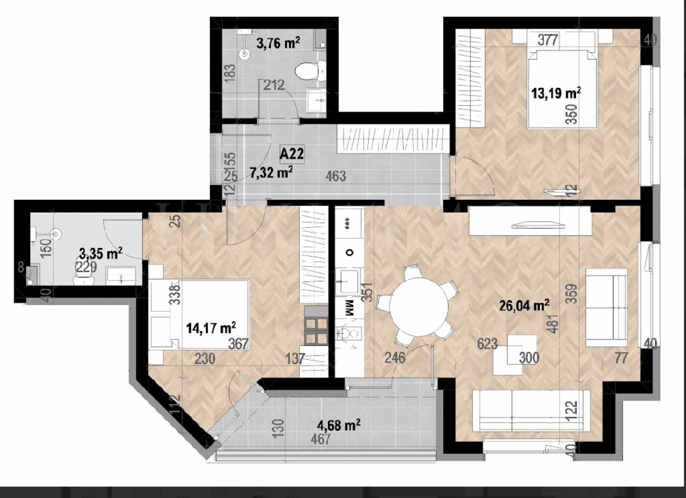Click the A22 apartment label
tap(292, 153)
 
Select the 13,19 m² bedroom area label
tap(556, 93)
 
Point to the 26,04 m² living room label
tap(524, 305)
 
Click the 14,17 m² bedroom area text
tap(211, 329)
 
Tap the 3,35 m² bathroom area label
tap(101, 254)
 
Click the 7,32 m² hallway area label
tap(271, 172)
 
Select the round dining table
tap(419, 306)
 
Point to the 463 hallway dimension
tap(336, 176)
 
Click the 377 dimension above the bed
tap(548, 40)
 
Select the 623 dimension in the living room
tap(487, 344)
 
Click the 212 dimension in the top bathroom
tap(274, 85)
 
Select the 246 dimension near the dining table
tap(395, 357)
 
